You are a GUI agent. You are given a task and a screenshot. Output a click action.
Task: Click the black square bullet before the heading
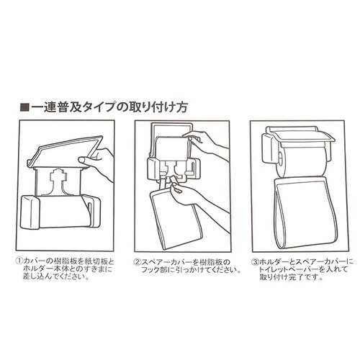click(x=24, y=107)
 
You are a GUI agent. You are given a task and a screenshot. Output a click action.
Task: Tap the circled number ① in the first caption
click(x=19, y=261)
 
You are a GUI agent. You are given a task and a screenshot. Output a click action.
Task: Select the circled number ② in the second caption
click(x=138, y=262)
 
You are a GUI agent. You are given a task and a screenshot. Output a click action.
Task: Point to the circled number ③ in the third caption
click(x=255, y=261)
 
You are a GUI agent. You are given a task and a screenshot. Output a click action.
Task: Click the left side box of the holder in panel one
click(x=30, y=212)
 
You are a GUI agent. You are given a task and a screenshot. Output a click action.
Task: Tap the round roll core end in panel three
click(x=281, y=159)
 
